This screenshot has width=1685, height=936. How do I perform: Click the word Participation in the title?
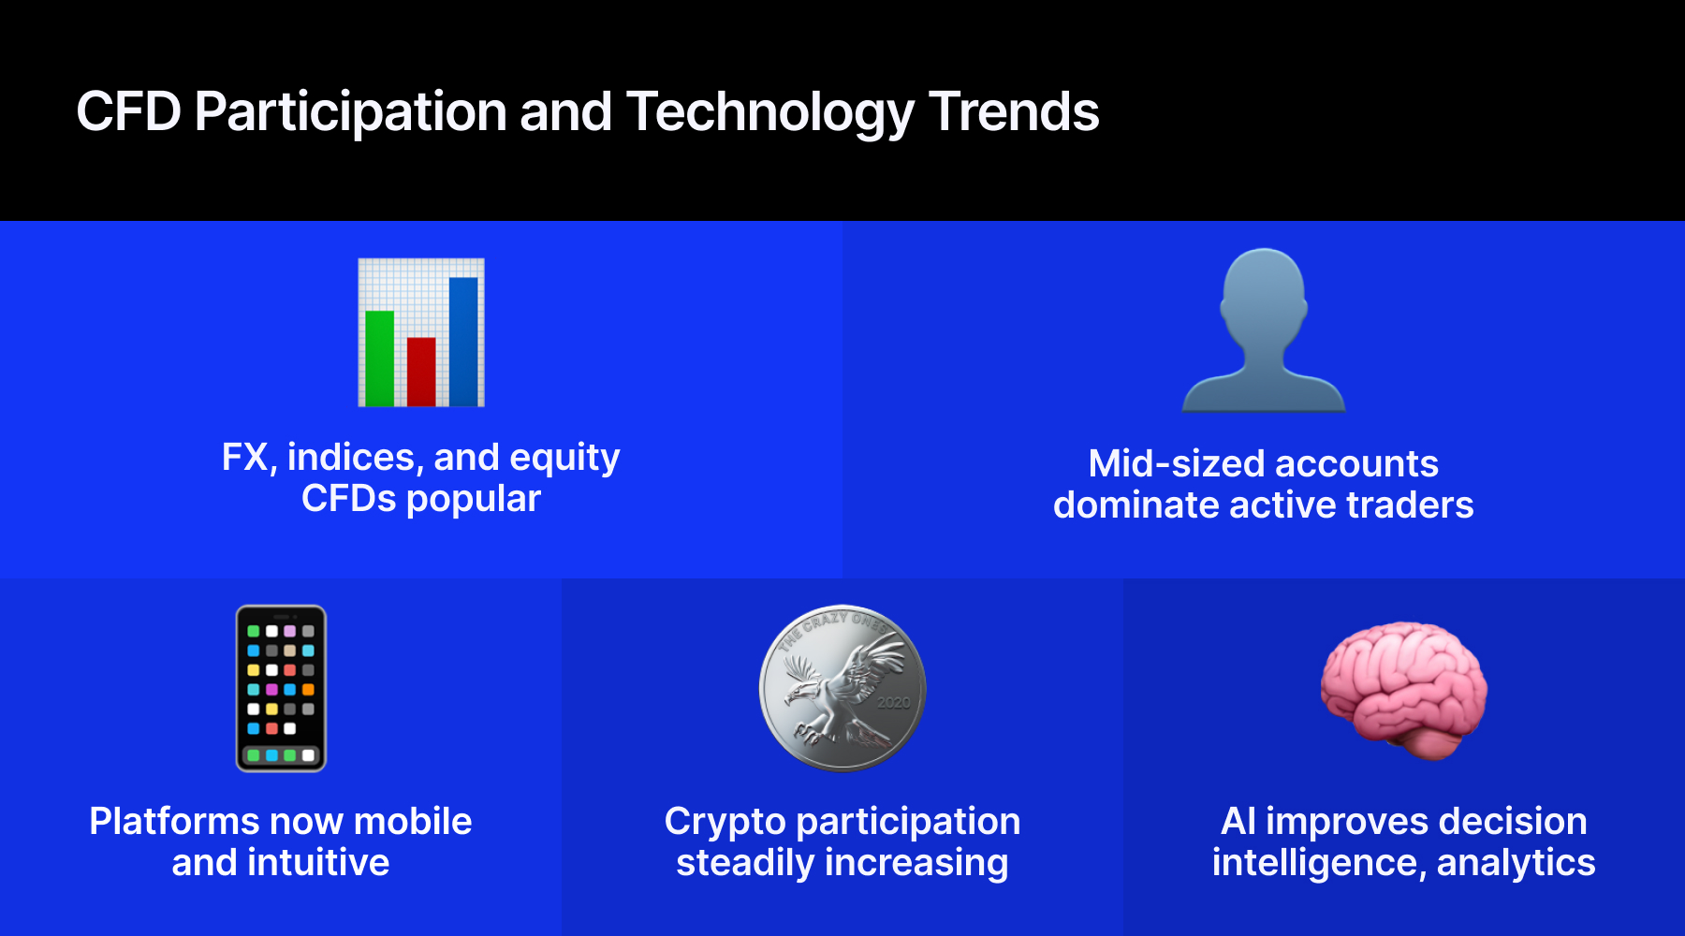coord(352,113)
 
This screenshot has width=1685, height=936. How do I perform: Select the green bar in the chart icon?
coord(379,358)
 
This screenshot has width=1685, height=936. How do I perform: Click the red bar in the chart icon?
coord(421,372)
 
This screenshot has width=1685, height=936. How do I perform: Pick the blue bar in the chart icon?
coord(463,342)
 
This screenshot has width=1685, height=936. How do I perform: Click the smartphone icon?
coord(281,688)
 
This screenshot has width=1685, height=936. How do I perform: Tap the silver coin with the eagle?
coord(842,688)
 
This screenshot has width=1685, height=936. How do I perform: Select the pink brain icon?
coord(1403,690)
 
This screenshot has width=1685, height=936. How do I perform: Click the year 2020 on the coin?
coord(894,702)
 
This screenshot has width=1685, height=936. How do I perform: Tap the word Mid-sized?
coord(1175,463)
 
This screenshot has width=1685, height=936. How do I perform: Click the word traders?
coord(1410,505)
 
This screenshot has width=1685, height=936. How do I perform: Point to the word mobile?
coord(413,821)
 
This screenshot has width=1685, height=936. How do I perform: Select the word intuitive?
coord(318,862)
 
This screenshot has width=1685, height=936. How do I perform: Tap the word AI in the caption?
coord(1238,821)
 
